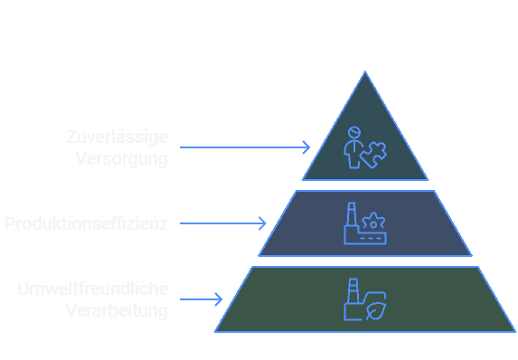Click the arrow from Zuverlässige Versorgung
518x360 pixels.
pos(244,147)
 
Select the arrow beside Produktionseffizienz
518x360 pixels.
pos(222,223)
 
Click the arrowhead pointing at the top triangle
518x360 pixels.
pos(306,147)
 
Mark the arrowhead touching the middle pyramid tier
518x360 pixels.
pos(263,223)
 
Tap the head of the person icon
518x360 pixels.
pos(353,131)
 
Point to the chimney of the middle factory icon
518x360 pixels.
pos(352,214)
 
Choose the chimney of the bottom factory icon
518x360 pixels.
pos(352,290)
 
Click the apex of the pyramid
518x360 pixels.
pos(365,72)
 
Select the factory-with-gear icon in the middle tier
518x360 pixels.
pos(363,223)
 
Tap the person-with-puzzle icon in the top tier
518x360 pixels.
pos(363,147)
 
